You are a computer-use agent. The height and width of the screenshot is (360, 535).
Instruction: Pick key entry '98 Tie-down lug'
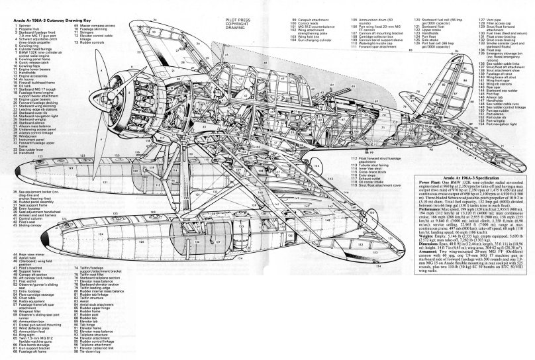tap(96, 348)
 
